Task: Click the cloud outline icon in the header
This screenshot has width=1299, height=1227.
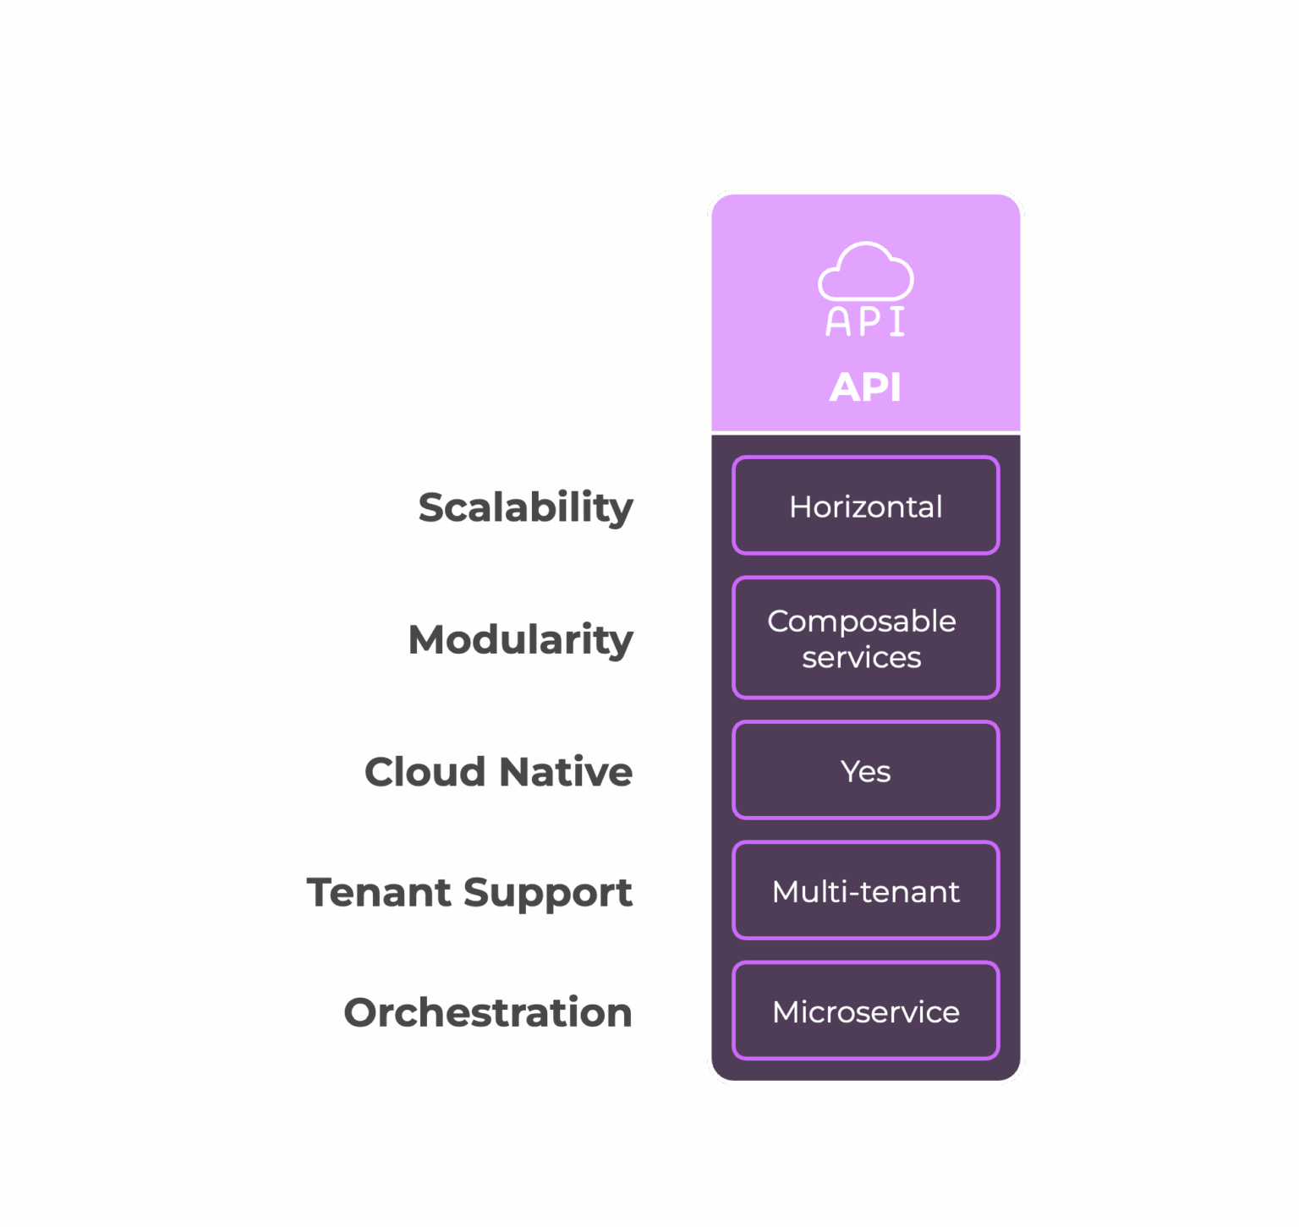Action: pos(865,272)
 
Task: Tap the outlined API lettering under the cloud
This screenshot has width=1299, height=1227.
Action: pos(865,321)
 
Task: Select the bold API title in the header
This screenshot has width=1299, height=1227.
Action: pos(865,387)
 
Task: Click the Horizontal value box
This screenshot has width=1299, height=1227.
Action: pos(865,506)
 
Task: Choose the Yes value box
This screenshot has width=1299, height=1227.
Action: pos(865,770)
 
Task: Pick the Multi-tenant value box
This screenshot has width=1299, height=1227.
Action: pos(865,890)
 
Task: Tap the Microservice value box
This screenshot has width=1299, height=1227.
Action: pos(865,1011)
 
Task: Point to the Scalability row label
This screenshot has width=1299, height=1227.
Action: pos(525,508)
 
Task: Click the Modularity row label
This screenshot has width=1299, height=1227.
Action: pos(520,639)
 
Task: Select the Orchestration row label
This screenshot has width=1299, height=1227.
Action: pos(488,1012)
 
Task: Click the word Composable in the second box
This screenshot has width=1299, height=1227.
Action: pos(861,622)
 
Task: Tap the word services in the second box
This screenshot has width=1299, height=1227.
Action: pos(861,657)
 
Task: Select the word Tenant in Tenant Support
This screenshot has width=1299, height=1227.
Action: pos(379,892)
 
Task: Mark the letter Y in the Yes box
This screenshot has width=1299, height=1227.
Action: pos(849,770)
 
